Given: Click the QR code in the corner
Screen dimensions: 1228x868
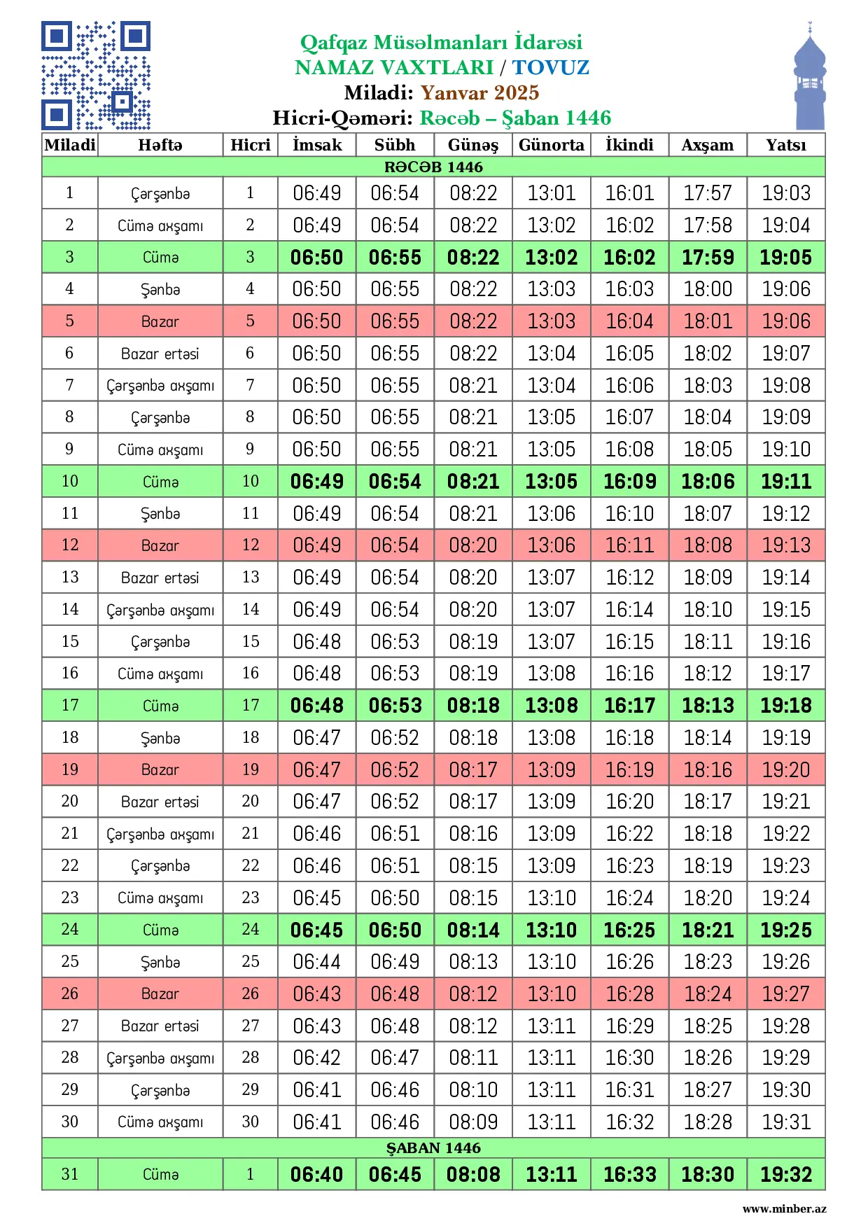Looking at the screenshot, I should point(96,76).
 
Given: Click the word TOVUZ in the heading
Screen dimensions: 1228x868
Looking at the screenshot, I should point(551,67).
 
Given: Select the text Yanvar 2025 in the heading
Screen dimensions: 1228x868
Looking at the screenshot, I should point(479,92).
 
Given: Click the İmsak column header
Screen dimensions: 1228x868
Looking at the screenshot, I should point(317,145).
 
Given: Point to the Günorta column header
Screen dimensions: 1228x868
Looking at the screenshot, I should point(552,145).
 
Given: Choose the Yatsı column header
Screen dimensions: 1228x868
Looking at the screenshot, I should point(785,145).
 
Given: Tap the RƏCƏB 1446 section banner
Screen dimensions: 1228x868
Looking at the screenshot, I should point(433,167).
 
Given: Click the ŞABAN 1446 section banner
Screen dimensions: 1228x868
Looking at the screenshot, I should point(433,1147).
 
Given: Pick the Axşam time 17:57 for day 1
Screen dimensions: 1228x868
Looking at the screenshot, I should point(708,193).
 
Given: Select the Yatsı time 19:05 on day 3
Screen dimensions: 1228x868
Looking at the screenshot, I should point(785,257).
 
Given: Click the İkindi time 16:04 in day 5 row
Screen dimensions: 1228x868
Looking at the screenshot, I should point(629,321).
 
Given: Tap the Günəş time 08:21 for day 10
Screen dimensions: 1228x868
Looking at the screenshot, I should point(473,482).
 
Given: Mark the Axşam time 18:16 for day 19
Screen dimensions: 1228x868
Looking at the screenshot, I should point(708,769).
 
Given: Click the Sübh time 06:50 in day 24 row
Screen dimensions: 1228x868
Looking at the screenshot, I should point(395,930).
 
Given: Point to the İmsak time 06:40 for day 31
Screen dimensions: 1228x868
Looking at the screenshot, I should point(317,1174).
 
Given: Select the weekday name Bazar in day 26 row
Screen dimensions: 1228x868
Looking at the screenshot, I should point(160,993).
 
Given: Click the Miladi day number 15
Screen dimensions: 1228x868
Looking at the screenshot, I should point(70,641).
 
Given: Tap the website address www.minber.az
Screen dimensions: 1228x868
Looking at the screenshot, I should point(784,1208).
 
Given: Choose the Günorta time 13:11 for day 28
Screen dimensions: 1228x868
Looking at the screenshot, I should point(552,1058).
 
